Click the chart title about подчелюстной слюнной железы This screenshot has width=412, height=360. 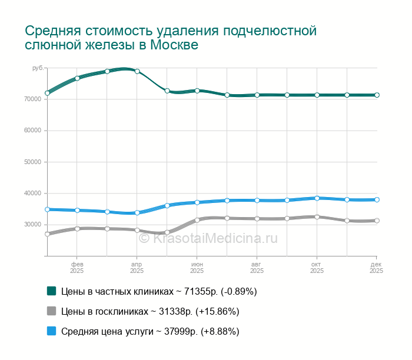(171, 37)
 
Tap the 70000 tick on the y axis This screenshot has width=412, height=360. (32, 99)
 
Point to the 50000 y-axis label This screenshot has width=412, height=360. (32, 162)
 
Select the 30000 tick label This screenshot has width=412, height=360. (32, 225)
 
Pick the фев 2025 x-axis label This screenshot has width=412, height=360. (77, 268)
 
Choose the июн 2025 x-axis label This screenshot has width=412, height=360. (197, 268)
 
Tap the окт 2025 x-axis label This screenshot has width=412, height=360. (317, 268)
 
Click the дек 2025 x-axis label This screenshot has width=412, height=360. (377, 268)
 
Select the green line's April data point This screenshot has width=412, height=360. (137, 71)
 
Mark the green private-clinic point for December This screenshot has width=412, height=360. (377, 95)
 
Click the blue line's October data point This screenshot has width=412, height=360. (317, 198)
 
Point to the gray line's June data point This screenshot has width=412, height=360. (197, 220)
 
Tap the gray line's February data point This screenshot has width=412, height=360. (77, 229)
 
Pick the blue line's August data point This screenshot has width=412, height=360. (257, 200)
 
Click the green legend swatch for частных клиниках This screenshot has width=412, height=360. (51, 291)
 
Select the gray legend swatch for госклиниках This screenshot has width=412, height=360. (51, 311)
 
